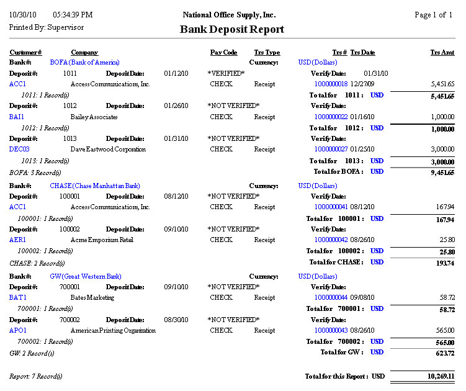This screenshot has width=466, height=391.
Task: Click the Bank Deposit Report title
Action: click(x=232, y=29)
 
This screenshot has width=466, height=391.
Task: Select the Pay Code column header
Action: click(x=223, y=53)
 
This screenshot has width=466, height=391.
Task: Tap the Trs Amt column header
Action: click(x=442, y=53)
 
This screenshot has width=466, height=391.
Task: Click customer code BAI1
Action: click(x=17, y=117)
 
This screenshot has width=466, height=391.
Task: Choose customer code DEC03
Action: click(x=19, y=149)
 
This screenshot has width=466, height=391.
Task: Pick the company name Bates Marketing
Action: click(x=92, y=298)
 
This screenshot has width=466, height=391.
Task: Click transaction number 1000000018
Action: click(x=331, y=84)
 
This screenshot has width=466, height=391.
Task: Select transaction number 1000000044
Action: click(x=331, y=298)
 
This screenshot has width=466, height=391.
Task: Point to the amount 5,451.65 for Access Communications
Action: click(x=442, y=84)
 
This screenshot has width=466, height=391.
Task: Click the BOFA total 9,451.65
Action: click(x=442, y=172)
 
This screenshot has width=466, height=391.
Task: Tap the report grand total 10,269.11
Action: click(x=441, y=376)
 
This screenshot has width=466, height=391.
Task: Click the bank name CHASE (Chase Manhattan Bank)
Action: click(x=95, y=186)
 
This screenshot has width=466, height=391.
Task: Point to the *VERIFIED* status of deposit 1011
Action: click(x=226, y=73)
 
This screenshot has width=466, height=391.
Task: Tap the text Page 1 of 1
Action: click(x=434, y=15)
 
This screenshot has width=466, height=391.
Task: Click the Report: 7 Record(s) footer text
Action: click(x=35, y=376)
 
